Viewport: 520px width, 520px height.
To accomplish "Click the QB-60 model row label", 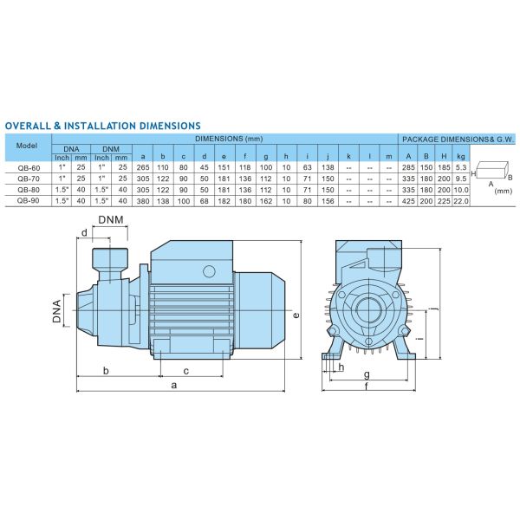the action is tap(29, 168).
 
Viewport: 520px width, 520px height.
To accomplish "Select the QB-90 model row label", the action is tap(29, 201).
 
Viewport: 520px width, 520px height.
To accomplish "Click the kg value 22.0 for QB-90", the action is tap(461, 201).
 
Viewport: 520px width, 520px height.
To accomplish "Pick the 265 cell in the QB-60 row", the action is tap(143, 167).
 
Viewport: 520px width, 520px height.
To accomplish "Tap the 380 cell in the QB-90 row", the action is tap(143, 201).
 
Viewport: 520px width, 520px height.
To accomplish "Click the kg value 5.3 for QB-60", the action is tap(461, 167).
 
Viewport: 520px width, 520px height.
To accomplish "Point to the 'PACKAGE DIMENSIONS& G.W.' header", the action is tap(458, 140).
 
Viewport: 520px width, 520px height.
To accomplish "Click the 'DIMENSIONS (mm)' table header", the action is tap(229, 139).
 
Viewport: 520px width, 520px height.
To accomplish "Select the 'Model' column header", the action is tap(27, 146).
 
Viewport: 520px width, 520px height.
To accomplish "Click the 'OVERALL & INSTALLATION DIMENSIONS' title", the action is tap(103, 126).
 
